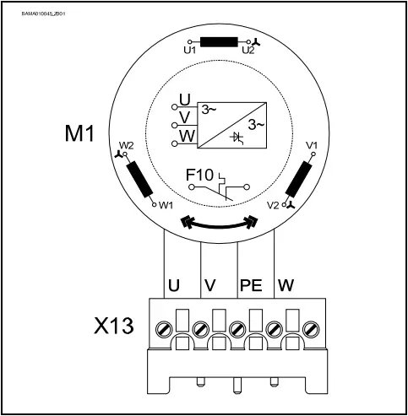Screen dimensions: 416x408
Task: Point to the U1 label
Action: tap(189, 51)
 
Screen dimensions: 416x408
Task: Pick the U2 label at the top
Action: tap(248, 51)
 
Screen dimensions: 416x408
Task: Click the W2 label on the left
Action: tap(127, 145)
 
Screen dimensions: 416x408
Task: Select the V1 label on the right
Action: tap(311, 145)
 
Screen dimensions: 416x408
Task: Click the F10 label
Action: tap(199, 175)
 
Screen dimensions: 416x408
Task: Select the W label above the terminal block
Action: tap(286, 285)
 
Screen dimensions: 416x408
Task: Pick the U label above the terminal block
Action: tap(173, 285)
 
